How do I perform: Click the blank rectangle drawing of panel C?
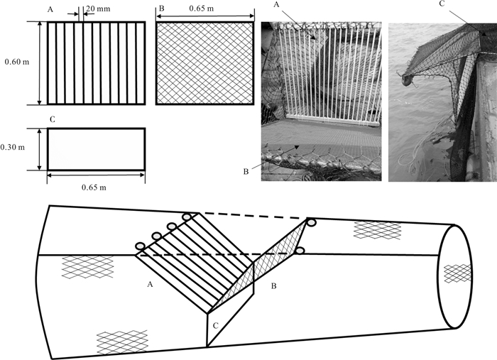point(97,149)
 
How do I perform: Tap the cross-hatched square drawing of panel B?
point(205,63)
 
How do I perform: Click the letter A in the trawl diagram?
point(150,283)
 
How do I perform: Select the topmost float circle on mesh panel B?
point(310,223)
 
